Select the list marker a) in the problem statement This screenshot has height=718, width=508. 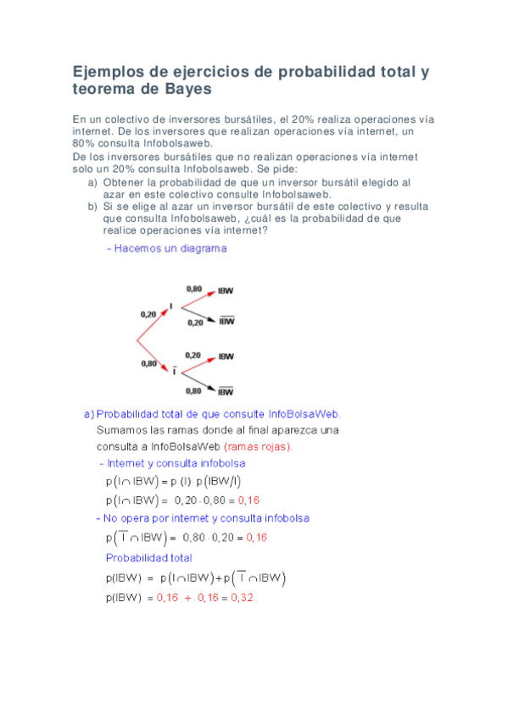pyautogui.click(x=92, y=182)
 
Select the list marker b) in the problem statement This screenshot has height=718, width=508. pyautogui.click(x=92, y=206)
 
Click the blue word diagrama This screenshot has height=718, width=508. pyautogui.click(x=202, y=249)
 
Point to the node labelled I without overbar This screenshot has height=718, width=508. pyautogui.click(x=171, y=306)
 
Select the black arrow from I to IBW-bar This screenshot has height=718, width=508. pyautogui.click(x=194, y=313)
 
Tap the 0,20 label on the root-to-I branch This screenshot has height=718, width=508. pyautogui.click(x=148, y=313)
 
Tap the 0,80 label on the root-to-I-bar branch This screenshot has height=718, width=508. pyautogui.click(x=148, y=363)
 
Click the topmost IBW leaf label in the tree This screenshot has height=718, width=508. pyautogui.click(x=226, y=290)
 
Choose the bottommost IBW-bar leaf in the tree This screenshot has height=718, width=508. pyautogui.click(x=226, y=391)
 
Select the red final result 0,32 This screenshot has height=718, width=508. pyautogui.click(x=242, y=597)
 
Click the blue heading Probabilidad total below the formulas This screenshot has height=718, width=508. pyautogui.click(x=148, y=558)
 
